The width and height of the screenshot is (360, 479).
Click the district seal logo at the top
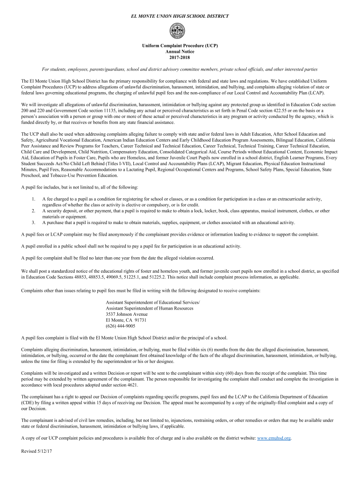point(180,31)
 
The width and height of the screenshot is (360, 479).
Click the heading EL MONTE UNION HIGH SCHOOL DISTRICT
point(180,16)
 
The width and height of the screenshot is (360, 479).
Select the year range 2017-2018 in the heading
point(180,58)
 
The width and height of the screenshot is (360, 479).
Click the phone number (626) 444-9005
point(121,326)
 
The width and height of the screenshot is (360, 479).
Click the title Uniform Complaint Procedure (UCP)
point(180,46)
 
